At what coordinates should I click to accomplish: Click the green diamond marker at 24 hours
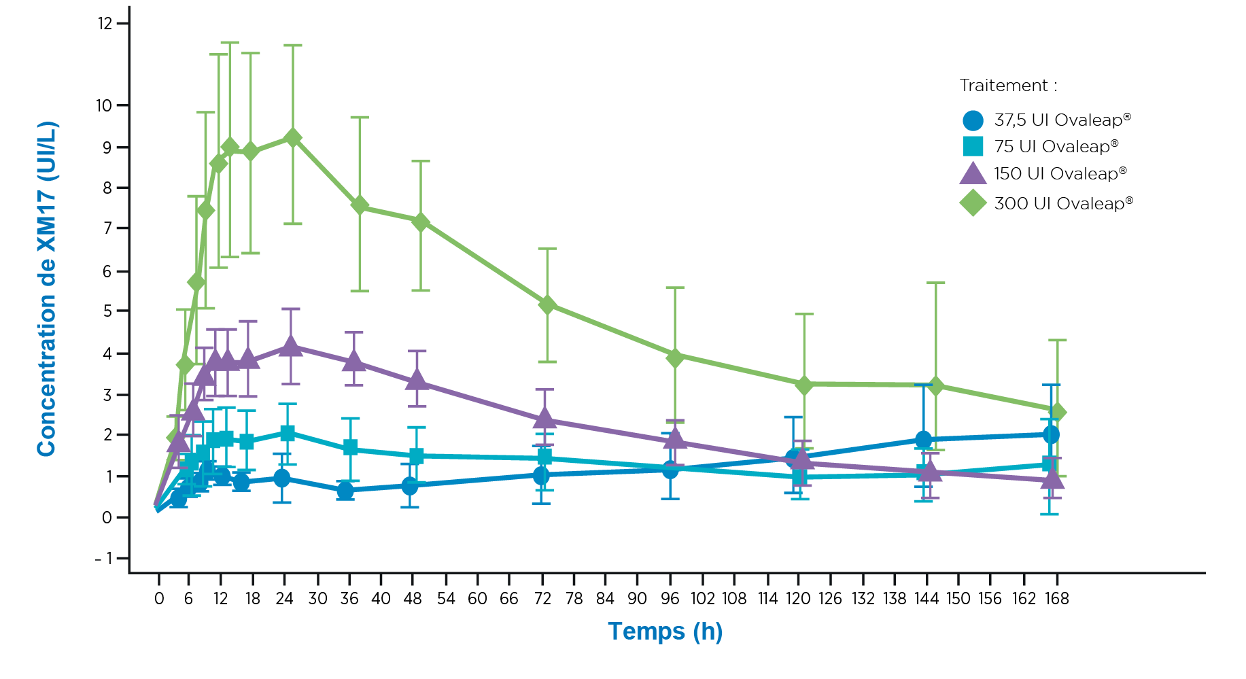coord(293,138)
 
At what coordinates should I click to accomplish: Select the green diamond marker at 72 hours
coord(547,304)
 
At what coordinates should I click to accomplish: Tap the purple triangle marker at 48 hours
coord(417,380)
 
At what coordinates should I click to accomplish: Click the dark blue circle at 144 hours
coord(923,439)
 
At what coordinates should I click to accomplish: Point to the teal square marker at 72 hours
coord(544,457)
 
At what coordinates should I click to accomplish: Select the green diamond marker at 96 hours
coord(674,357)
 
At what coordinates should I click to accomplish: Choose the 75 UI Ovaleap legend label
coord(1056,147)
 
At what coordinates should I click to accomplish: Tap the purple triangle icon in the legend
coord(973,174)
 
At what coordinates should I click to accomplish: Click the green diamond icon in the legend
coord(973,203)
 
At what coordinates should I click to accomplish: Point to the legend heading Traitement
coord(1007,86)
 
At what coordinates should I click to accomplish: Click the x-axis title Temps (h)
coord(665,631)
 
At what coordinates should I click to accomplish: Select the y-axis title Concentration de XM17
coord(47,289)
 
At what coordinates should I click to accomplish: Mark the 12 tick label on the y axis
coord(105,24)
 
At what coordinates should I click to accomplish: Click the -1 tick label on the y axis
coord(103,559)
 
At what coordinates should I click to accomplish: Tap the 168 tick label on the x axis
coord(1056,599)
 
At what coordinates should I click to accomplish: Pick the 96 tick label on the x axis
coord(670,599)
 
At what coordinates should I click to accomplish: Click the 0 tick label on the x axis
coord(159,599)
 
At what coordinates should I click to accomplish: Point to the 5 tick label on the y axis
coord(107,311)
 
